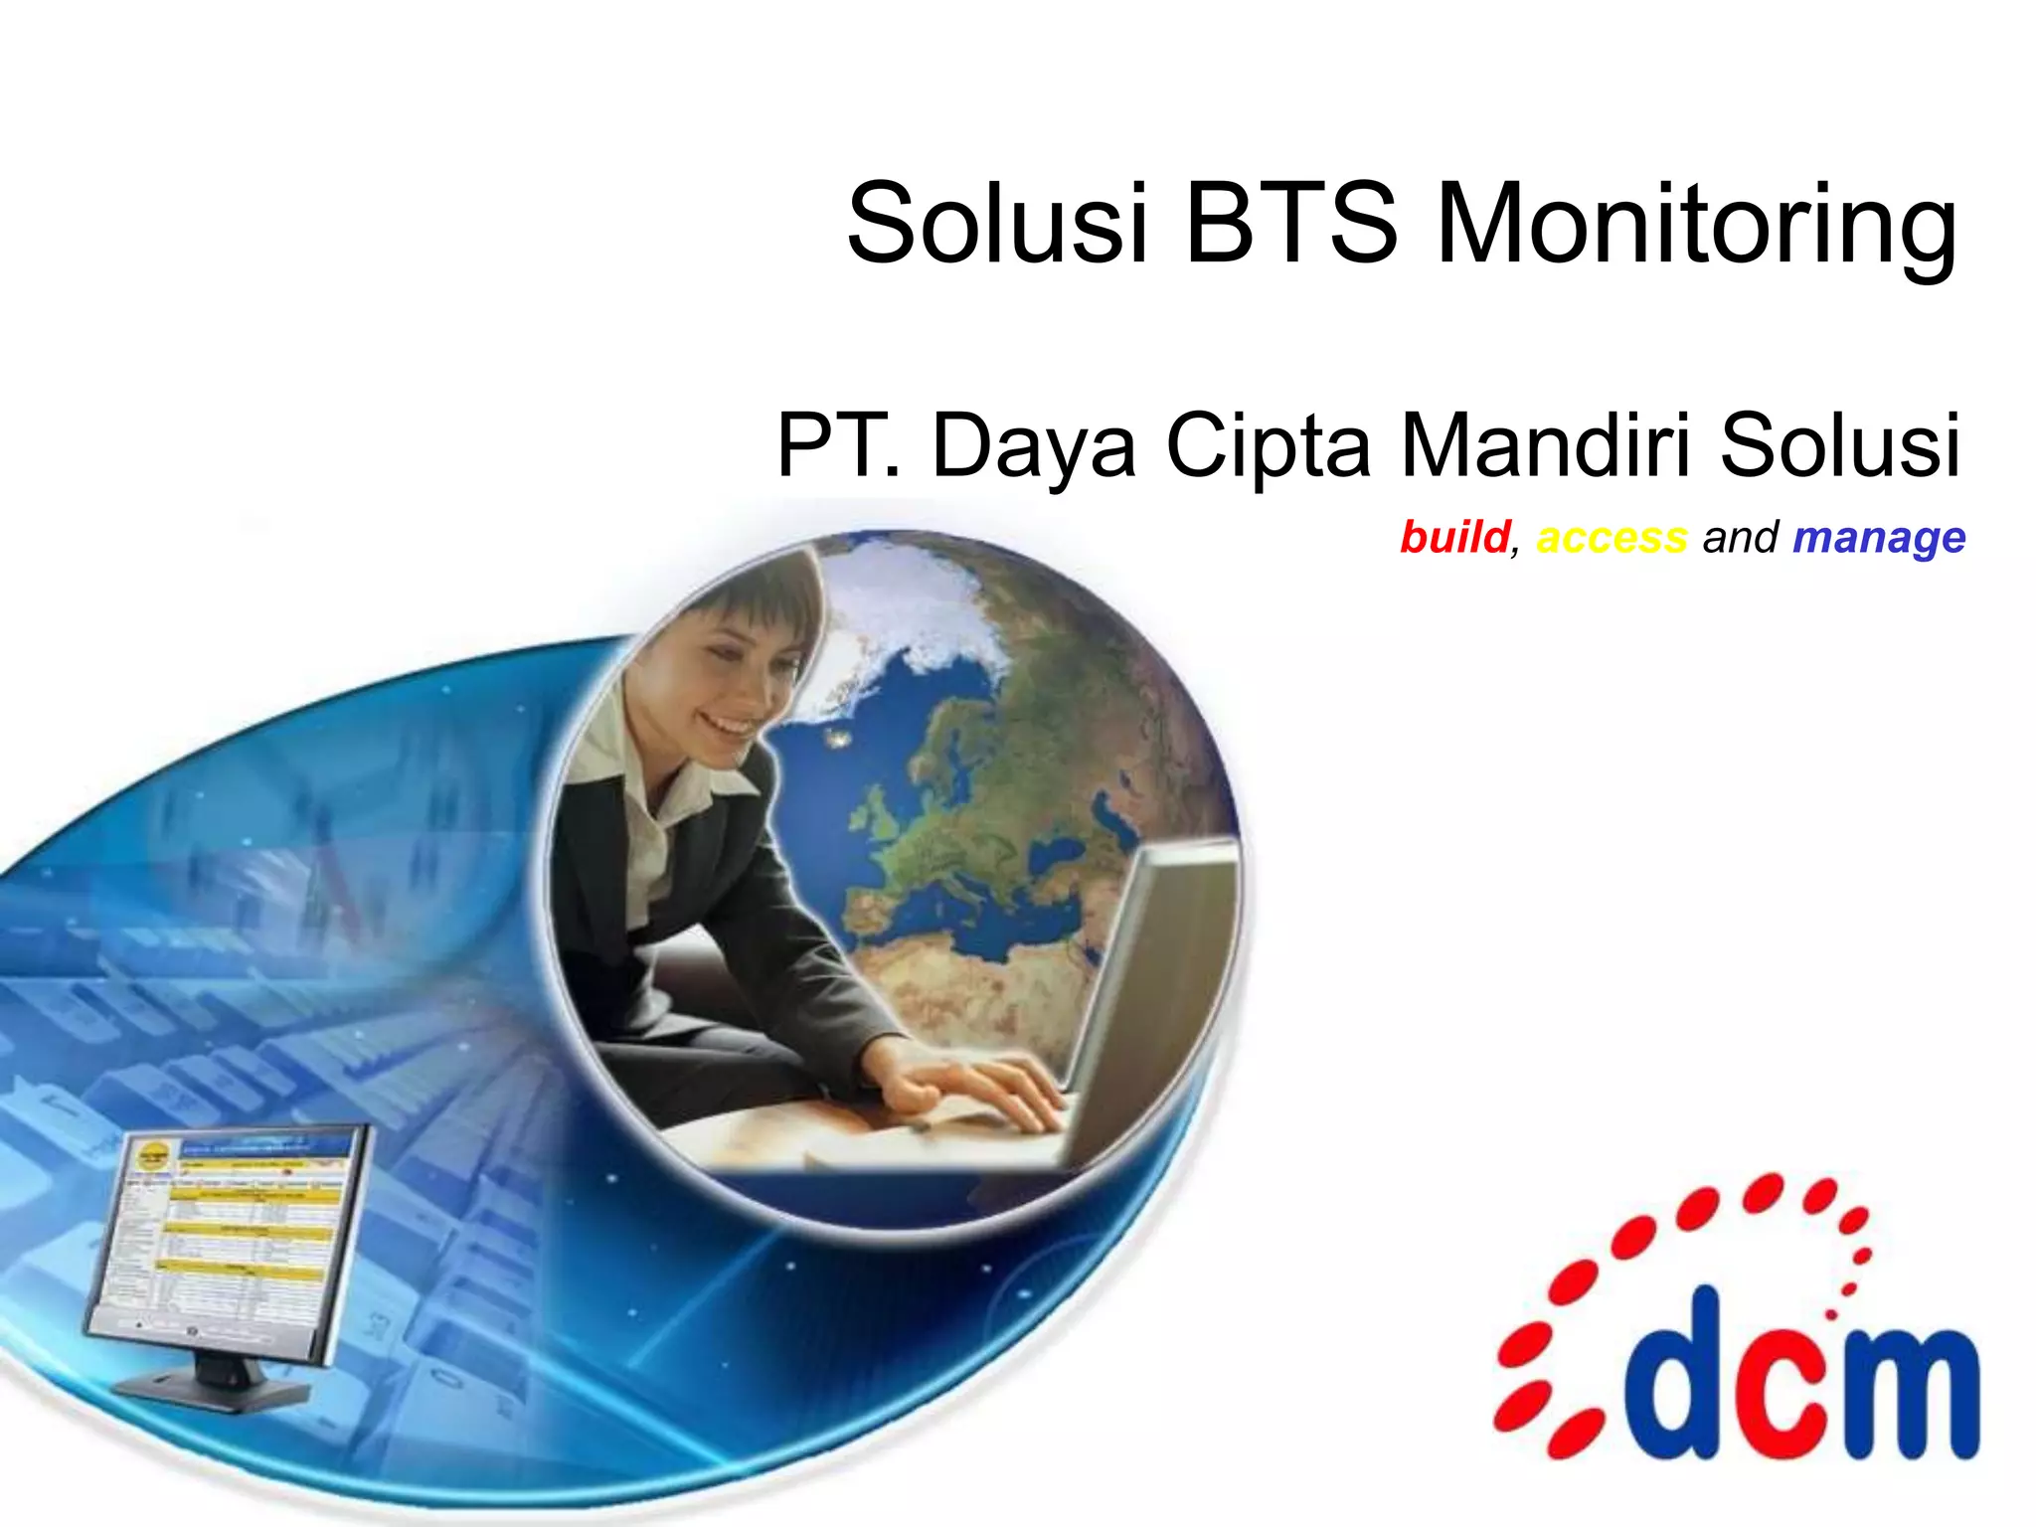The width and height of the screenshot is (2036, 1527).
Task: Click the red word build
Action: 1454,538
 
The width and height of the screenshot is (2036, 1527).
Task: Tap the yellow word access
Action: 1612,538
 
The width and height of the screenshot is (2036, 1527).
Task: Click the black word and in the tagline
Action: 1740,538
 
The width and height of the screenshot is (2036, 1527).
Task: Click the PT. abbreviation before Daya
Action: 838,445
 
